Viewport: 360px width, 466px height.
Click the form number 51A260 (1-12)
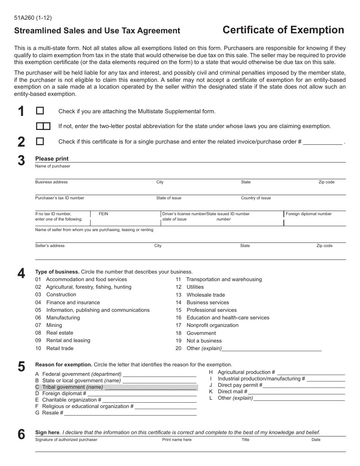(33, 17)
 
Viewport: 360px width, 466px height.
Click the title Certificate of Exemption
(283, 30)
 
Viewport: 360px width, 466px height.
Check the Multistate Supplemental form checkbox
(40, 111)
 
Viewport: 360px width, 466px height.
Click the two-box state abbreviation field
(43, 126)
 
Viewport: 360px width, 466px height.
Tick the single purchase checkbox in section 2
(40, 141)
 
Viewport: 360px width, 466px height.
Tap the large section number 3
(21, 161)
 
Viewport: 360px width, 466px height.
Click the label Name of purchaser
(53, 166)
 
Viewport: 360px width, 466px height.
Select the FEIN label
(103, 214)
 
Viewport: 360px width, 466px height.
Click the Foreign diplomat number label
(308, 214)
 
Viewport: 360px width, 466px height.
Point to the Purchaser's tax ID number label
(59, 198)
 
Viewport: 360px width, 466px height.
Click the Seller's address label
(50, 246)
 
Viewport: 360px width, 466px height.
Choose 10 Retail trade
(55, 349)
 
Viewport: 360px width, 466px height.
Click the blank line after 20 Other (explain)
(271, 349)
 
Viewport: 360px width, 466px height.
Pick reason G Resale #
(49, 413)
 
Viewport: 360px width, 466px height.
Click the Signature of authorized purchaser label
(66, 440)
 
